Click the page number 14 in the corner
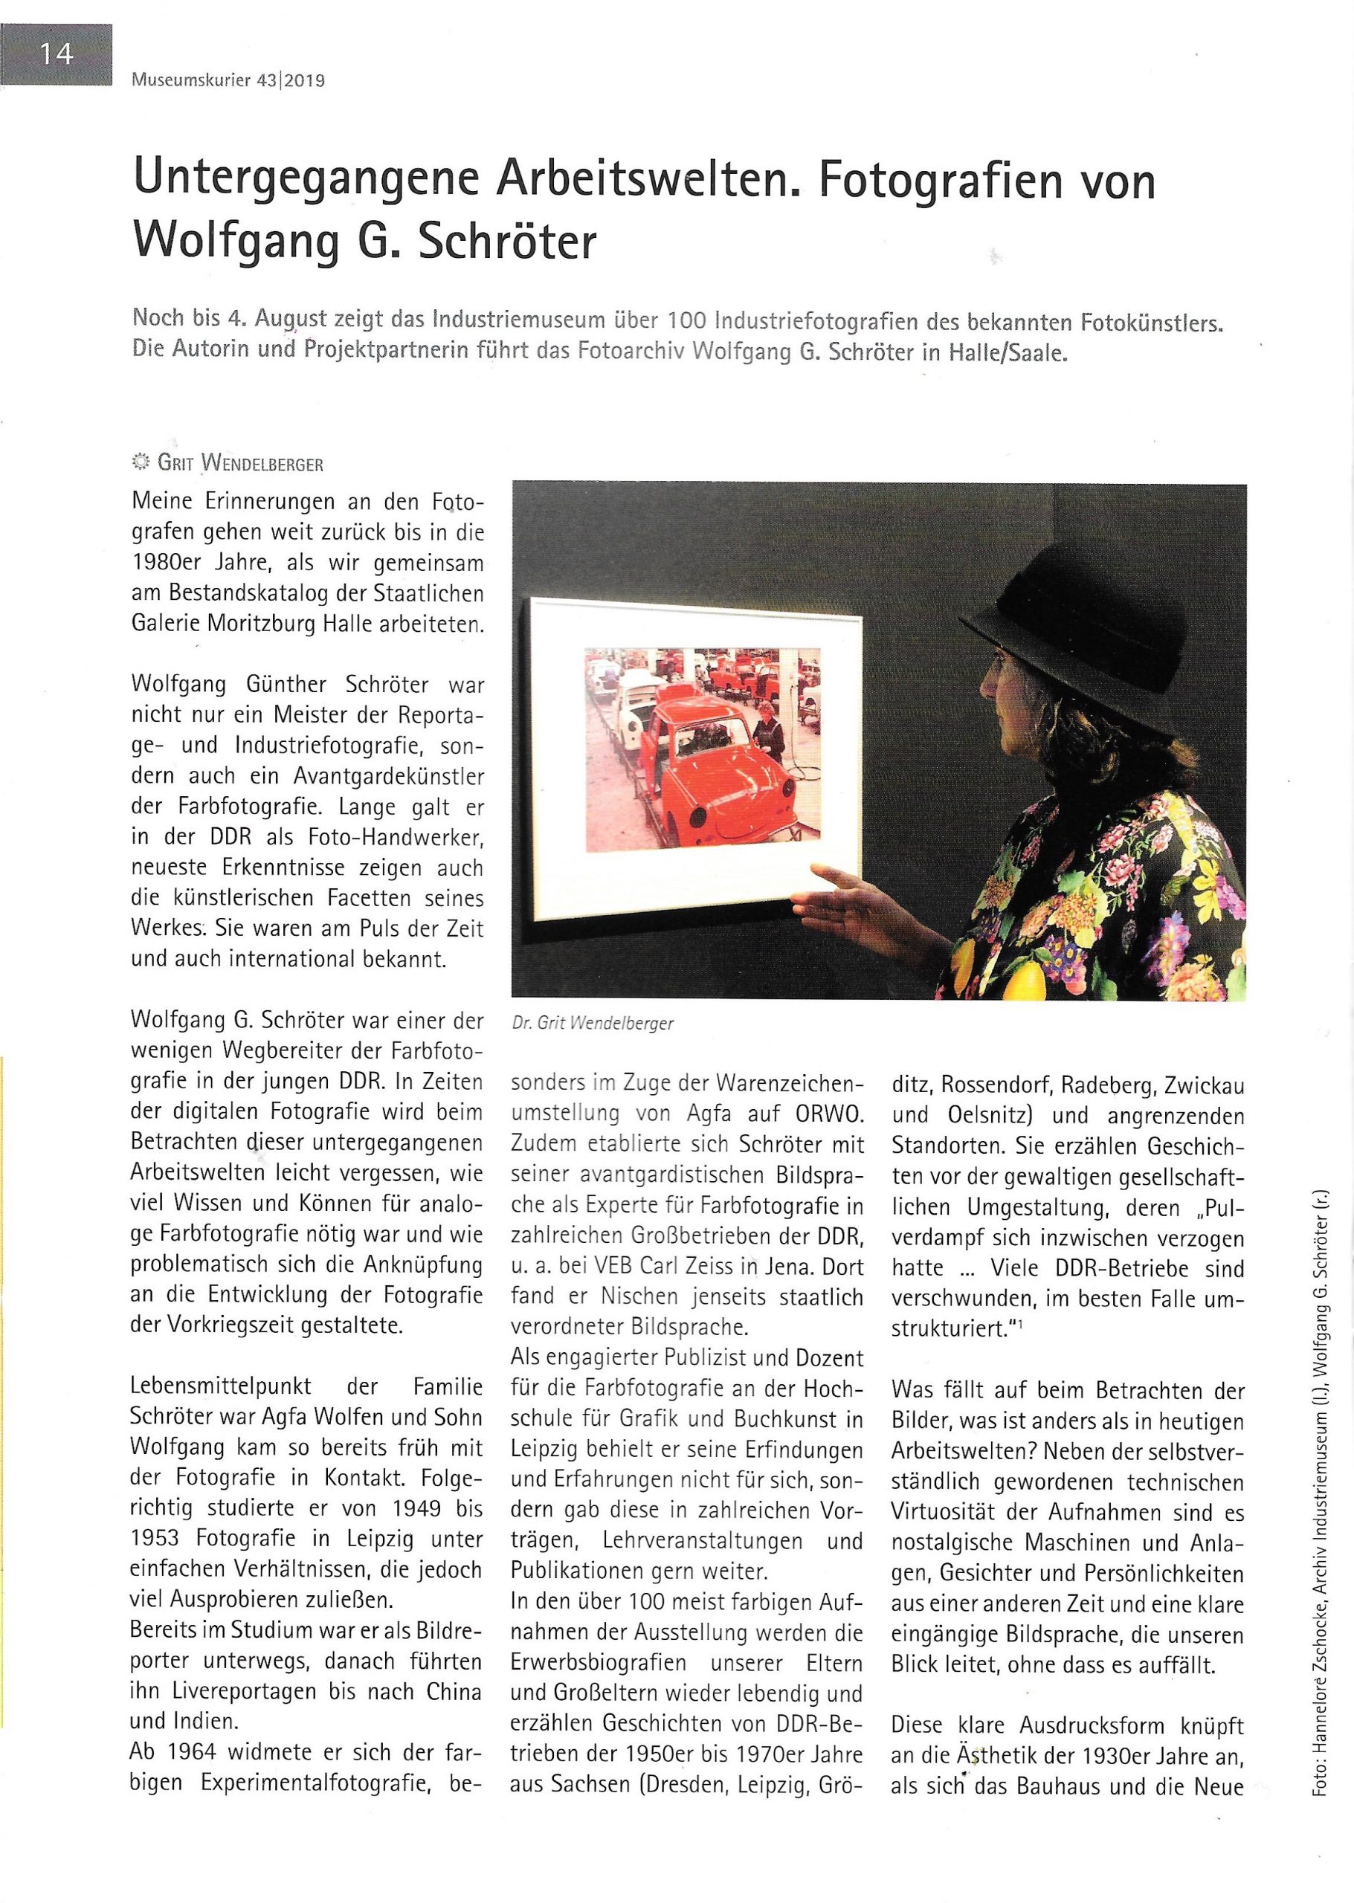coord(56,55)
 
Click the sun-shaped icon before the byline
coord(141,462)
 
